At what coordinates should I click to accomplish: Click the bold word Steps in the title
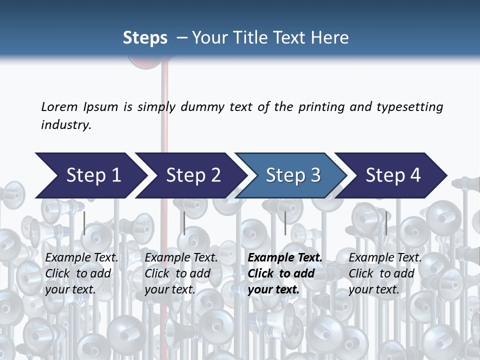145,38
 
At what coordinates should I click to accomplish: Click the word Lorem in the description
59,107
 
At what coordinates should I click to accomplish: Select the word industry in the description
66,125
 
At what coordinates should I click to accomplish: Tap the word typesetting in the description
409,107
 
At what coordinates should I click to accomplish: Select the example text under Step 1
81,273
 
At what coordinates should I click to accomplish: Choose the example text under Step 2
181,273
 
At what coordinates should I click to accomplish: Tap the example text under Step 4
385,273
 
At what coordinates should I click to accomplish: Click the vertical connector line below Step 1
84,223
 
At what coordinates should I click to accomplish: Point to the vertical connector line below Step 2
184,223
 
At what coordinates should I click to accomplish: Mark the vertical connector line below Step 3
285,223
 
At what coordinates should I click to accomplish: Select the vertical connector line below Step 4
386,223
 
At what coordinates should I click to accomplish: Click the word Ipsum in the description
100,107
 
